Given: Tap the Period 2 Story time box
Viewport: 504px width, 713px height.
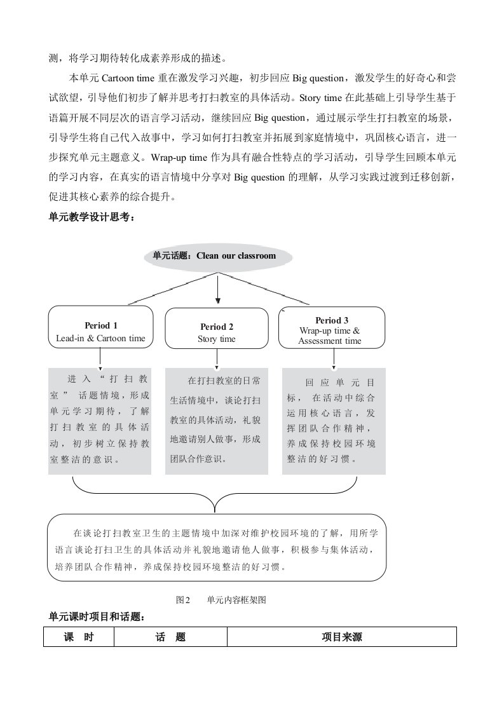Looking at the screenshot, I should (216, 328).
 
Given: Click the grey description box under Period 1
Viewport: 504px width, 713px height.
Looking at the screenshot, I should (100, 419).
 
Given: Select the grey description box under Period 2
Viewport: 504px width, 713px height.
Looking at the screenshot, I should (216, 419).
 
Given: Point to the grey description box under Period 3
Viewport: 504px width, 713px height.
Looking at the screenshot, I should (333, 419).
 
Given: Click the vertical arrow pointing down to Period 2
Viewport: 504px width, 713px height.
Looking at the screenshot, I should (218, 289).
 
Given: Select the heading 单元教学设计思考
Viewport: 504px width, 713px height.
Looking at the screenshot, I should (92, 217).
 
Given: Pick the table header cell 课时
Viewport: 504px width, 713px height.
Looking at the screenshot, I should (79, 637).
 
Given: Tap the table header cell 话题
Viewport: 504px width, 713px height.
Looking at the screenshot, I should (170, 637).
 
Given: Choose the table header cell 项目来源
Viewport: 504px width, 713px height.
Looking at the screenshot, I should (342, 637).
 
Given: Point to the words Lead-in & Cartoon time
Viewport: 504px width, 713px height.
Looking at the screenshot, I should (100, 338).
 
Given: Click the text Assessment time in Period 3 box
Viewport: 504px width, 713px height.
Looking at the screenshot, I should (330, 341).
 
